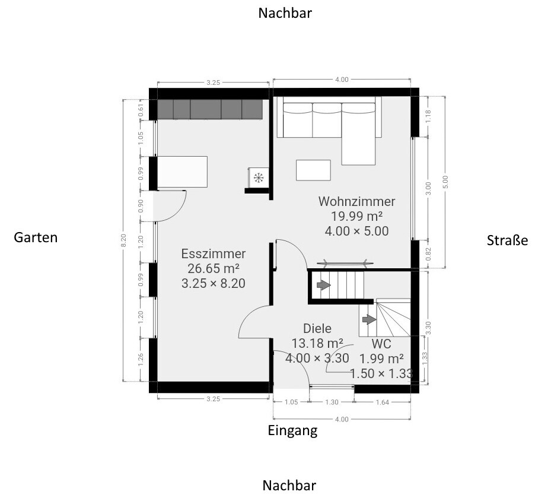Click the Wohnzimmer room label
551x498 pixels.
pos(356,202)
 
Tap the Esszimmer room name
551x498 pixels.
pos(214,253)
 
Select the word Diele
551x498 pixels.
pos(317,328)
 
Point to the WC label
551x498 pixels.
pos(381,343)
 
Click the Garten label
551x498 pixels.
pos(36,237)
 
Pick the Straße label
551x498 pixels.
pos(507,240)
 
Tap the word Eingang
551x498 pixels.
pos(293,430)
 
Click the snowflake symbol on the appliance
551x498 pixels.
pos(259,178)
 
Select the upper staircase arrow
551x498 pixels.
pos(324,285)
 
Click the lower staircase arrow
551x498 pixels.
pos(370,319)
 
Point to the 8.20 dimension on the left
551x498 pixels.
pos(123,240)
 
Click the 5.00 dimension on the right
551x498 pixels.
pos(445,182)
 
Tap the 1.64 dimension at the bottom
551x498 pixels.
pos(383,402)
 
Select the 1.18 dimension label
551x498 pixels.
pos(428,116)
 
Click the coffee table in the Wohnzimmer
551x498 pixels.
pos(313,170)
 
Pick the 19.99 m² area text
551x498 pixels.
pos(356,216)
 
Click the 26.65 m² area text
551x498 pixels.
pos(214,268)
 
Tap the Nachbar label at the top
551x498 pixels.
pos(285,13)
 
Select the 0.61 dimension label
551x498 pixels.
pos(141,110)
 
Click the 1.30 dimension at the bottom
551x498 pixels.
pos(332,402)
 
